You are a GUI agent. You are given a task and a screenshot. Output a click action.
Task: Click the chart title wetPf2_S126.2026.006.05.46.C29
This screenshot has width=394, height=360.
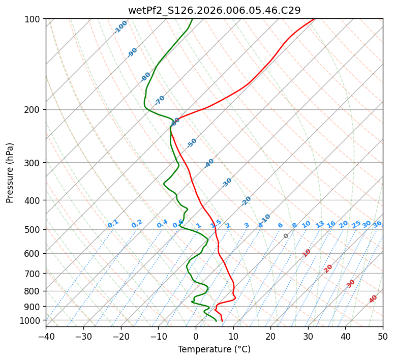(214, 10)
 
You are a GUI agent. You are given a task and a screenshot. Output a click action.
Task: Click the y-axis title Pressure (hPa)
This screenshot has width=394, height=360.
(10, 173)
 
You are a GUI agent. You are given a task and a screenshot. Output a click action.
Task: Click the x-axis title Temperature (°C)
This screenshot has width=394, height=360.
(214, 350)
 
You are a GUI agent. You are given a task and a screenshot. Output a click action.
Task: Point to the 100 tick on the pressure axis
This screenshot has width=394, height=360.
(35, 19)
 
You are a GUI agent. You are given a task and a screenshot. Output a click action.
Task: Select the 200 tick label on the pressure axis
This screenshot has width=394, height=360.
(35, 109)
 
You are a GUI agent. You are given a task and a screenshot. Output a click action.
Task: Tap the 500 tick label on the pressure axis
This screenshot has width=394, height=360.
(35, 229)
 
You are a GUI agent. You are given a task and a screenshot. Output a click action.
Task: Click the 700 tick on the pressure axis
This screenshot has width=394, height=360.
(35, 274)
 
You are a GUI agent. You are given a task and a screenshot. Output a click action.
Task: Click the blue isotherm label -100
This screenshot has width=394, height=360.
(120, 27)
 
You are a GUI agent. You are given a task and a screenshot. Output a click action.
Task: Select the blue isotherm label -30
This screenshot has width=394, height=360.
(227, 183)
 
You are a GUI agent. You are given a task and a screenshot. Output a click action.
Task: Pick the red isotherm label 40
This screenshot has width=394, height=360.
(373, 299)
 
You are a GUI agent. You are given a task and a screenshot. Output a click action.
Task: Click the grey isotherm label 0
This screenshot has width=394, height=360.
(286, 236)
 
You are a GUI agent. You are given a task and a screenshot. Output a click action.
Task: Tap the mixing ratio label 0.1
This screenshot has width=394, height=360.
(113, 224)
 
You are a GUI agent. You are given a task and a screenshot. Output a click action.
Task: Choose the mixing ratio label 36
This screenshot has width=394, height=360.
(377, 224)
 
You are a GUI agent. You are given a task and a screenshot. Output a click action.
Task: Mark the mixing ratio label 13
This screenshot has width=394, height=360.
(320, 224)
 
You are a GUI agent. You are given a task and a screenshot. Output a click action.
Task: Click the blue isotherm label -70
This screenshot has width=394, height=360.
(160, 100)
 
